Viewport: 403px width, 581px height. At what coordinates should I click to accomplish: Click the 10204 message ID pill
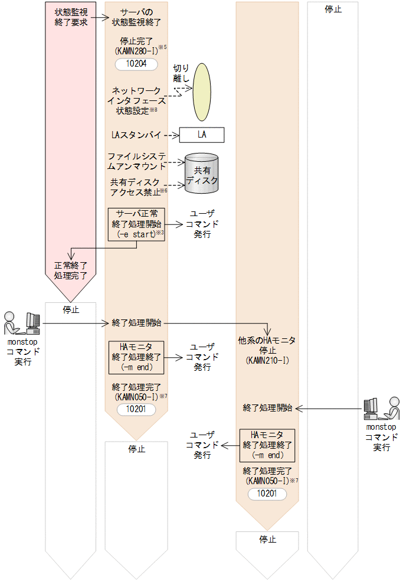137,64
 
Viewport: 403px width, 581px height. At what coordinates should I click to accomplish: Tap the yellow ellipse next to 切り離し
202,91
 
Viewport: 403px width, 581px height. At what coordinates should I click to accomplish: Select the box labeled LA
202,135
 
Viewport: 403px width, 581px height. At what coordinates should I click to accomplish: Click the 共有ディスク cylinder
202,174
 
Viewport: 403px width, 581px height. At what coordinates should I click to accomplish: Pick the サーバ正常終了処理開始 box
136,224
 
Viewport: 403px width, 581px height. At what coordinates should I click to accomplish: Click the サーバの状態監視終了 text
138,17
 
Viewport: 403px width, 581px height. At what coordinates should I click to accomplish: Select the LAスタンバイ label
136,135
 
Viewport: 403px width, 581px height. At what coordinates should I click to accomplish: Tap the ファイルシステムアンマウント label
136,161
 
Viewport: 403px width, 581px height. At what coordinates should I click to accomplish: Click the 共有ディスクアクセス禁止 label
136,186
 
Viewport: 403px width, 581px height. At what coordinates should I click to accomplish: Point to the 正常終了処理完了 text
71,270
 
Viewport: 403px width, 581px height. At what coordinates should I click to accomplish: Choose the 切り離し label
181,73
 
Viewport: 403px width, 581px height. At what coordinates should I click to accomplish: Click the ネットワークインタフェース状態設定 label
136,100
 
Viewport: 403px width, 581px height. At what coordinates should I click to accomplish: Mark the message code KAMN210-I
266,360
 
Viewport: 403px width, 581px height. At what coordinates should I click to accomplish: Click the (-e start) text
136,234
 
